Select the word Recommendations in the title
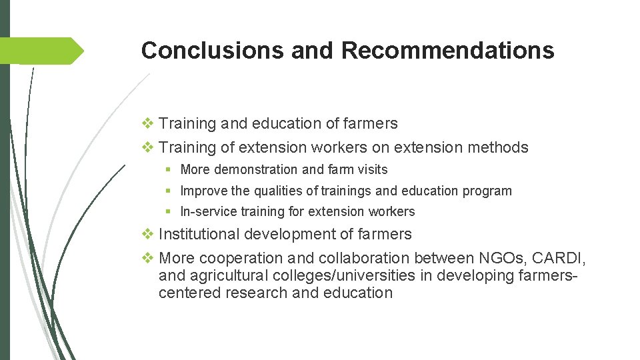[x=447, y=51]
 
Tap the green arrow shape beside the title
[x=43, y=51]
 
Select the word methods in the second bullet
[x=499, y=147]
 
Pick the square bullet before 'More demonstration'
[x=171, y=170]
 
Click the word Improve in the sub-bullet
[x=203, y=191]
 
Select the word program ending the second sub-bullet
[x=489, y=191]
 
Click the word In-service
[x=207, y=212]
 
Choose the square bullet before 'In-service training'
[x=171, y=212]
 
